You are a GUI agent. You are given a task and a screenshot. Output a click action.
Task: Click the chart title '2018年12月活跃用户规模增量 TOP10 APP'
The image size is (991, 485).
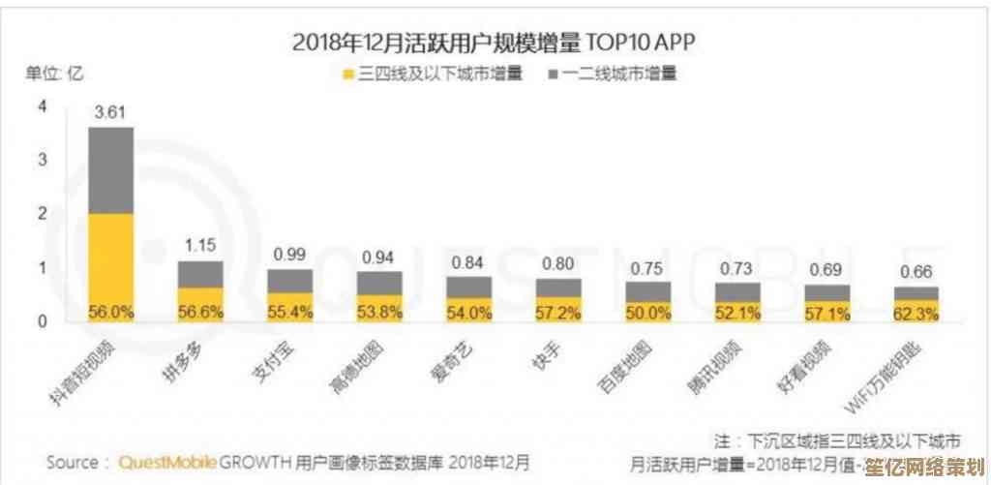pyautogui.click(x=494, y=42)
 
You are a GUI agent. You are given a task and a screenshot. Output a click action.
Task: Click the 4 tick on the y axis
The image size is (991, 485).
pyautogui.click(x=43, y=107)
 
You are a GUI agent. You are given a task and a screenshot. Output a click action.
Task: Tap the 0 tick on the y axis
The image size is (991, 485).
pyautogui.click(x=43, y=320)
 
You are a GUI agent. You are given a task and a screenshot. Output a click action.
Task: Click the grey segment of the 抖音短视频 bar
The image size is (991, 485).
pyautogui.click(x=110, y=170)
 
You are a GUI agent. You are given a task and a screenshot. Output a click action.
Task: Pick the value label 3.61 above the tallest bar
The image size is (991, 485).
pyautogui.click(x=110, y=112)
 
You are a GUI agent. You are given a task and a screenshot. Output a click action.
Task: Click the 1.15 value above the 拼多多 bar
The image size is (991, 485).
pyautogui.click(x=200, y=246)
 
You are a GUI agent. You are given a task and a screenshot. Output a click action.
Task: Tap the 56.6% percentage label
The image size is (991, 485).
pyautogui.click(x=200, y=312)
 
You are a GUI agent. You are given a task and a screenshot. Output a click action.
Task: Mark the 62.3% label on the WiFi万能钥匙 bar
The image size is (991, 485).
pyautogui.click(x=916, y=312)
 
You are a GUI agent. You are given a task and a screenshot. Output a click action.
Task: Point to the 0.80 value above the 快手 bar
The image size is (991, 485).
pyautogui.click(x=558, y=263)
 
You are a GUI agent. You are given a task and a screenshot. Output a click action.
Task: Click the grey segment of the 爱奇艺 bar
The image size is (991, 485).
pyautogui.click(x=468, y=287)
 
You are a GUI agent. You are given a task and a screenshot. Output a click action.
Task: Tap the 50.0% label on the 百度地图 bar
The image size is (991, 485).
pyautogui.click(x=647, y=312)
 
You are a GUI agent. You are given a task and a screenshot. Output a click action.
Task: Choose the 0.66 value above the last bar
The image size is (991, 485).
pyautogui.click(x=916, y=271)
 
